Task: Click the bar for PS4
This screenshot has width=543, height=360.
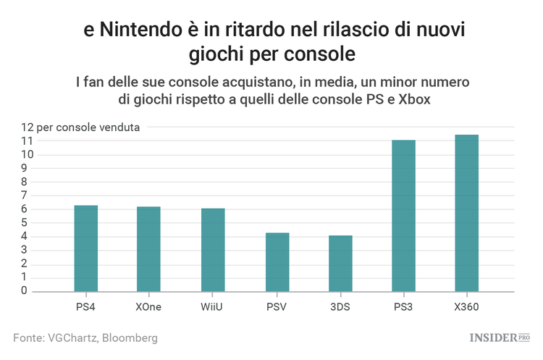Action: tap(85, 248)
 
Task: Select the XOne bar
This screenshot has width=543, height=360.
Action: tap(149, 249)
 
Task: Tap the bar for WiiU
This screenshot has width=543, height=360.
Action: tap(213, 250)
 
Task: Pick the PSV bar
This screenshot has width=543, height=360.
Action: tap(277, 262)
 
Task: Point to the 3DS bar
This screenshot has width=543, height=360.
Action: tap(340, 264)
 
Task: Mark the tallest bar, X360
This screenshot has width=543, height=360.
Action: tap(467, 213)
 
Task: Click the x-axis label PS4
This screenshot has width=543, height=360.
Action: tap(85, 306)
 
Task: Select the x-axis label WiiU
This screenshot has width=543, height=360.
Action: tap(213, 306)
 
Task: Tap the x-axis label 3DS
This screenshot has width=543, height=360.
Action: tap(340, 306)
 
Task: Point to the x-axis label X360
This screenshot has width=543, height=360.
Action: tap(467, 306)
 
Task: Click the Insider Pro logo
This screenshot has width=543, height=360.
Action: tap(500, 338)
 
